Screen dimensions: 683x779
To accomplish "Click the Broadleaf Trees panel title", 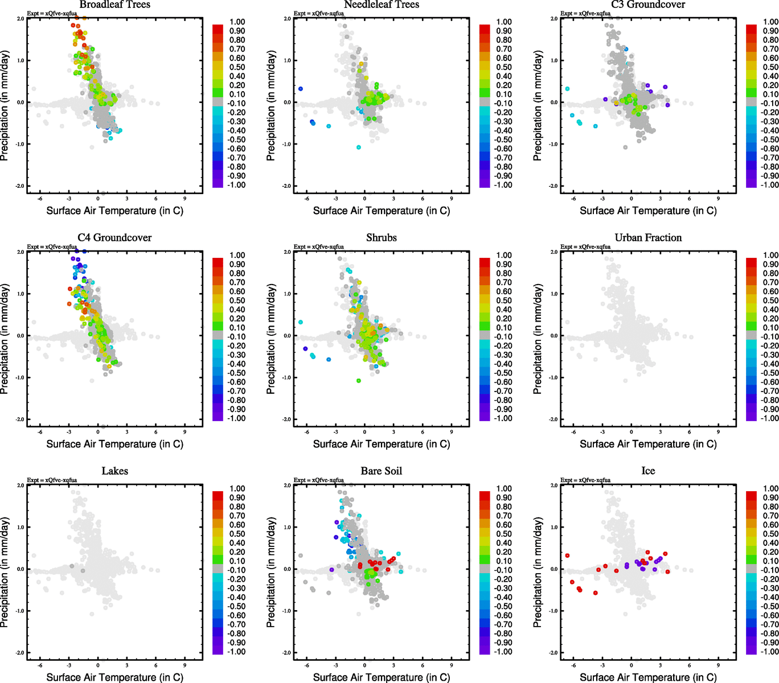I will coord(114,5).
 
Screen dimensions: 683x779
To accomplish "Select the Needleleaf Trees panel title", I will coord(381,5).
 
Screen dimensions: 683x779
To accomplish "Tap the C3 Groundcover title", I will coord(648,5).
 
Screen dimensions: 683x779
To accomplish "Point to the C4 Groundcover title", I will coord(114,238).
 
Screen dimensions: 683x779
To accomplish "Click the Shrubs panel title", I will coord(381,238).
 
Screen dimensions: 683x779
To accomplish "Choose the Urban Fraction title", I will coord(648,238).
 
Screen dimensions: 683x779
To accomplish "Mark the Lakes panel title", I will coord(114,471).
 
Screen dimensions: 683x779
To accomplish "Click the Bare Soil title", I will coord(381,471).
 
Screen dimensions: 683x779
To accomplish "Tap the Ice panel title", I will coord(648,471).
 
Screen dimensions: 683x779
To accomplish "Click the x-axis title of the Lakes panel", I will coord(114,677).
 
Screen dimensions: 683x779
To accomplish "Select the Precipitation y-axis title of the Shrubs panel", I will coord(271,339).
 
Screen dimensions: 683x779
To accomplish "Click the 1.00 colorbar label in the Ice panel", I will coord(770,488).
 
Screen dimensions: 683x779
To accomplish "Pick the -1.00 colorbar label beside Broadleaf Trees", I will coord(236,185).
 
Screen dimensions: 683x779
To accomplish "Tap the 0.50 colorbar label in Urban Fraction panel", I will coord(770,301).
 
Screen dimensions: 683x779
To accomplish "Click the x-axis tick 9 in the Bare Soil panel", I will coord(452,665).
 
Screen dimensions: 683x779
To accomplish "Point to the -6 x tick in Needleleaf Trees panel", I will coord(306,198).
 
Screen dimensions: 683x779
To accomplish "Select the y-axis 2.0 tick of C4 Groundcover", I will coord(20,252).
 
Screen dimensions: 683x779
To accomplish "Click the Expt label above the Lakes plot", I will coord(52,480).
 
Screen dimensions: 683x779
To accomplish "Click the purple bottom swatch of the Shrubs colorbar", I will coord(485,417).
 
